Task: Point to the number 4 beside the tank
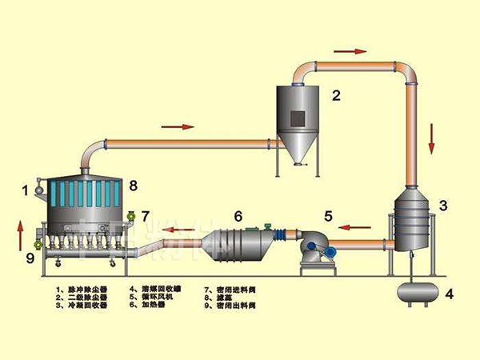pyautogui.click(x=450, y=294)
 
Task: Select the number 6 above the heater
pyautogui.click(x=238, y=216)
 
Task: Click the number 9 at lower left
pyautogui.click(x=30, y=258)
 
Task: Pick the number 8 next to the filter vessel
pyautogui.click(x=133, y=186)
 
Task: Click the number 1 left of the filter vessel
pyautogui.click(x=26, y=190)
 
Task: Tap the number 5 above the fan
pyautogui.click(x=328, y=216)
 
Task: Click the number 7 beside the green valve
pyautogui.click(x=145, y=216)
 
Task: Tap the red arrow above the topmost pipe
pyautogui.click(x=350, y=50)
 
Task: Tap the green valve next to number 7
pyautogui.click(x=130, y=215)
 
